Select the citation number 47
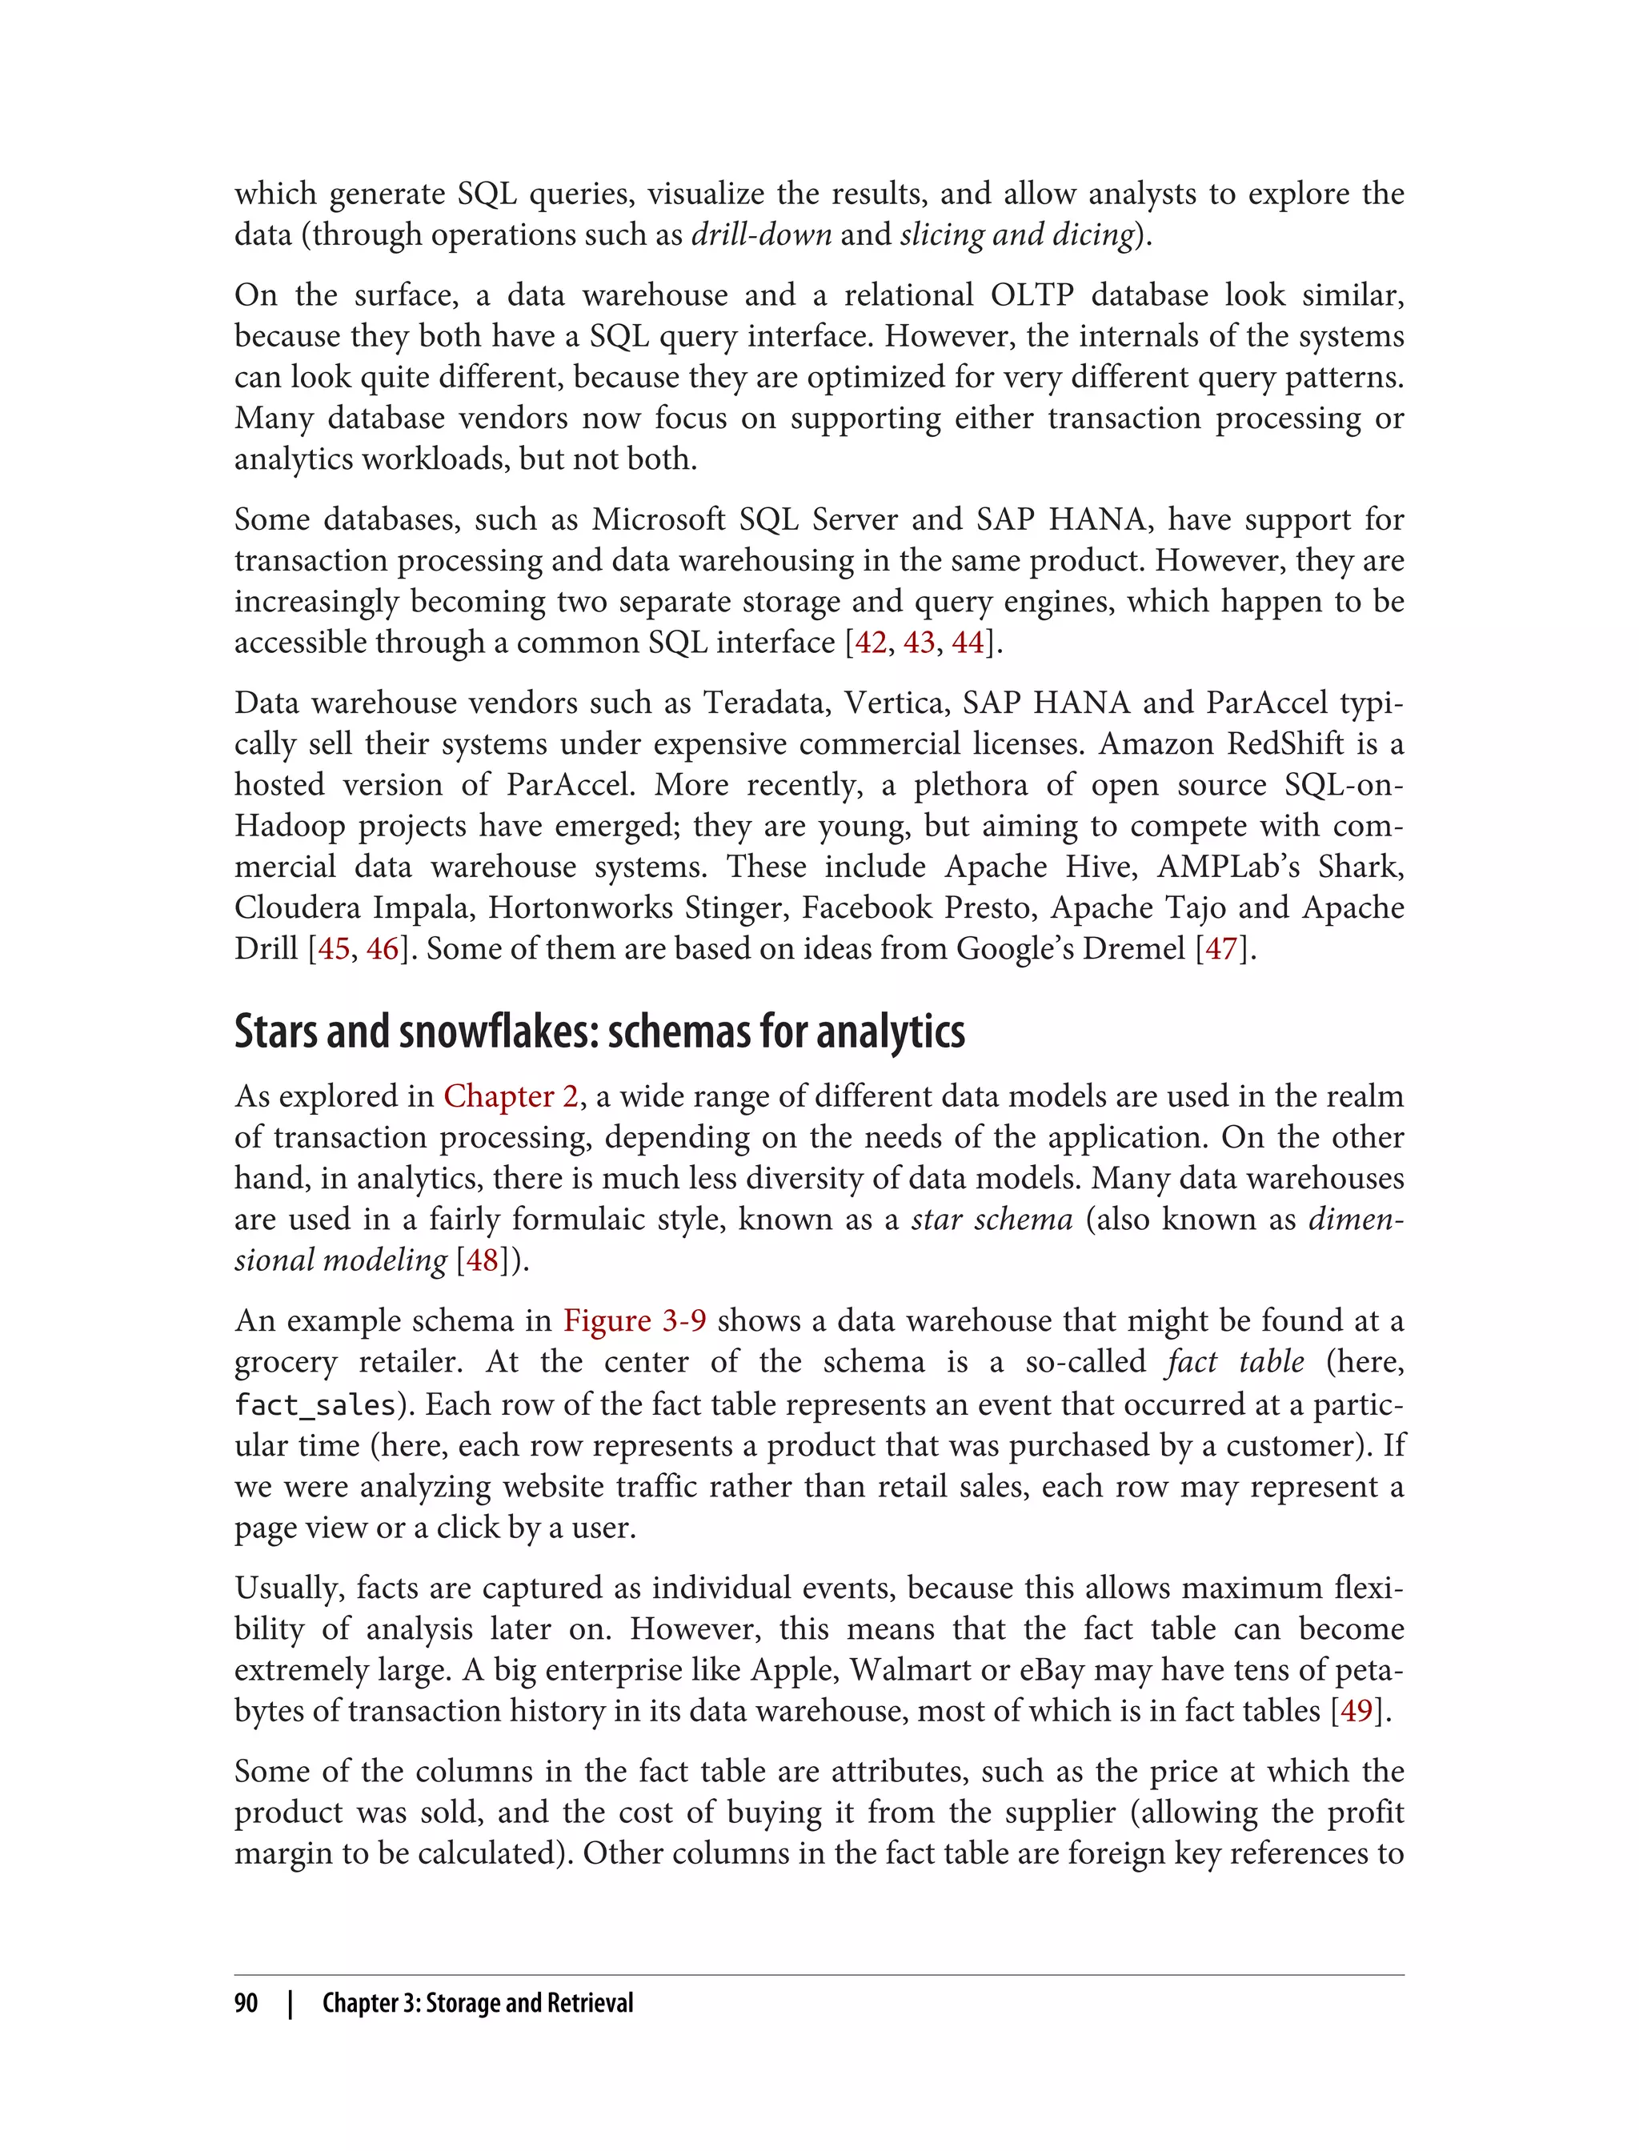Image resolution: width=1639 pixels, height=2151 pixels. pyautogui.click(x=1221, y=949)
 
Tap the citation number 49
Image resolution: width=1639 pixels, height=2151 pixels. pyautogui.click(x=1356, y=1710)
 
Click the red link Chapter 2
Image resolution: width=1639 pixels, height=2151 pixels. pyautogui.click(x=511, y=1096)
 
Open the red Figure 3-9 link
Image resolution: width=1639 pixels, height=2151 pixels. pyautogui.click(x=634, y=1321)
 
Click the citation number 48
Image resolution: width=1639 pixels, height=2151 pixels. pyautogui.click(x=482, y=1260)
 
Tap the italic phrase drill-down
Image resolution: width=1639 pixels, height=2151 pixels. pyautogui.click(x=761, y=235)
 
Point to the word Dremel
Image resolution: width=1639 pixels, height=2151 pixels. pyautogui.click(x=1134, y=949)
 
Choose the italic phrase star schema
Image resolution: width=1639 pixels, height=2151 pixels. pyautogui.click(x=992, y=1220)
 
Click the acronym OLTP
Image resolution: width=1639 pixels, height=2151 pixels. pyautogui.click(x=1032, y=295)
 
